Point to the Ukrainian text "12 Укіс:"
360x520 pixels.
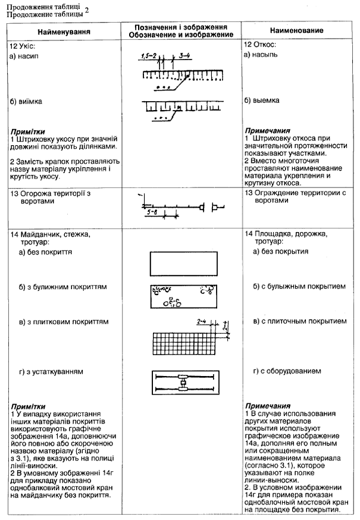coord(23,46)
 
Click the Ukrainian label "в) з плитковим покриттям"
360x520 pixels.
coord(64,322)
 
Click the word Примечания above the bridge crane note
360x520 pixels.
coord(268,406)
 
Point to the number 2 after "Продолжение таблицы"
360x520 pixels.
coord(86,10)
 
